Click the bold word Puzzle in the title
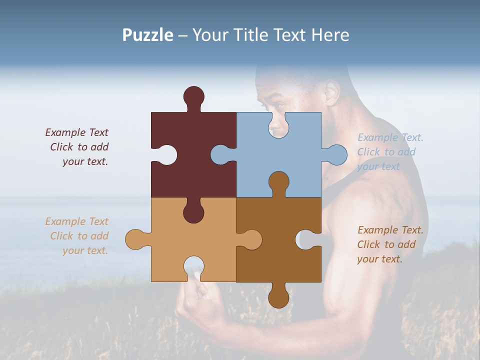[x=148, y=35]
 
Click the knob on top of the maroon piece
[x=193, y=96]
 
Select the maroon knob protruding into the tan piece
[x=193, y=212]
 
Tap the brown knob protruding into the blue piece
[x=278, y=182]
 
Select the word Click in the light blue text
[x=368, y=152]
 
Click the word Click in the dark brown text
[x=368, y=244]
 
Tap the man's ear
[x=331, y=93]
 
